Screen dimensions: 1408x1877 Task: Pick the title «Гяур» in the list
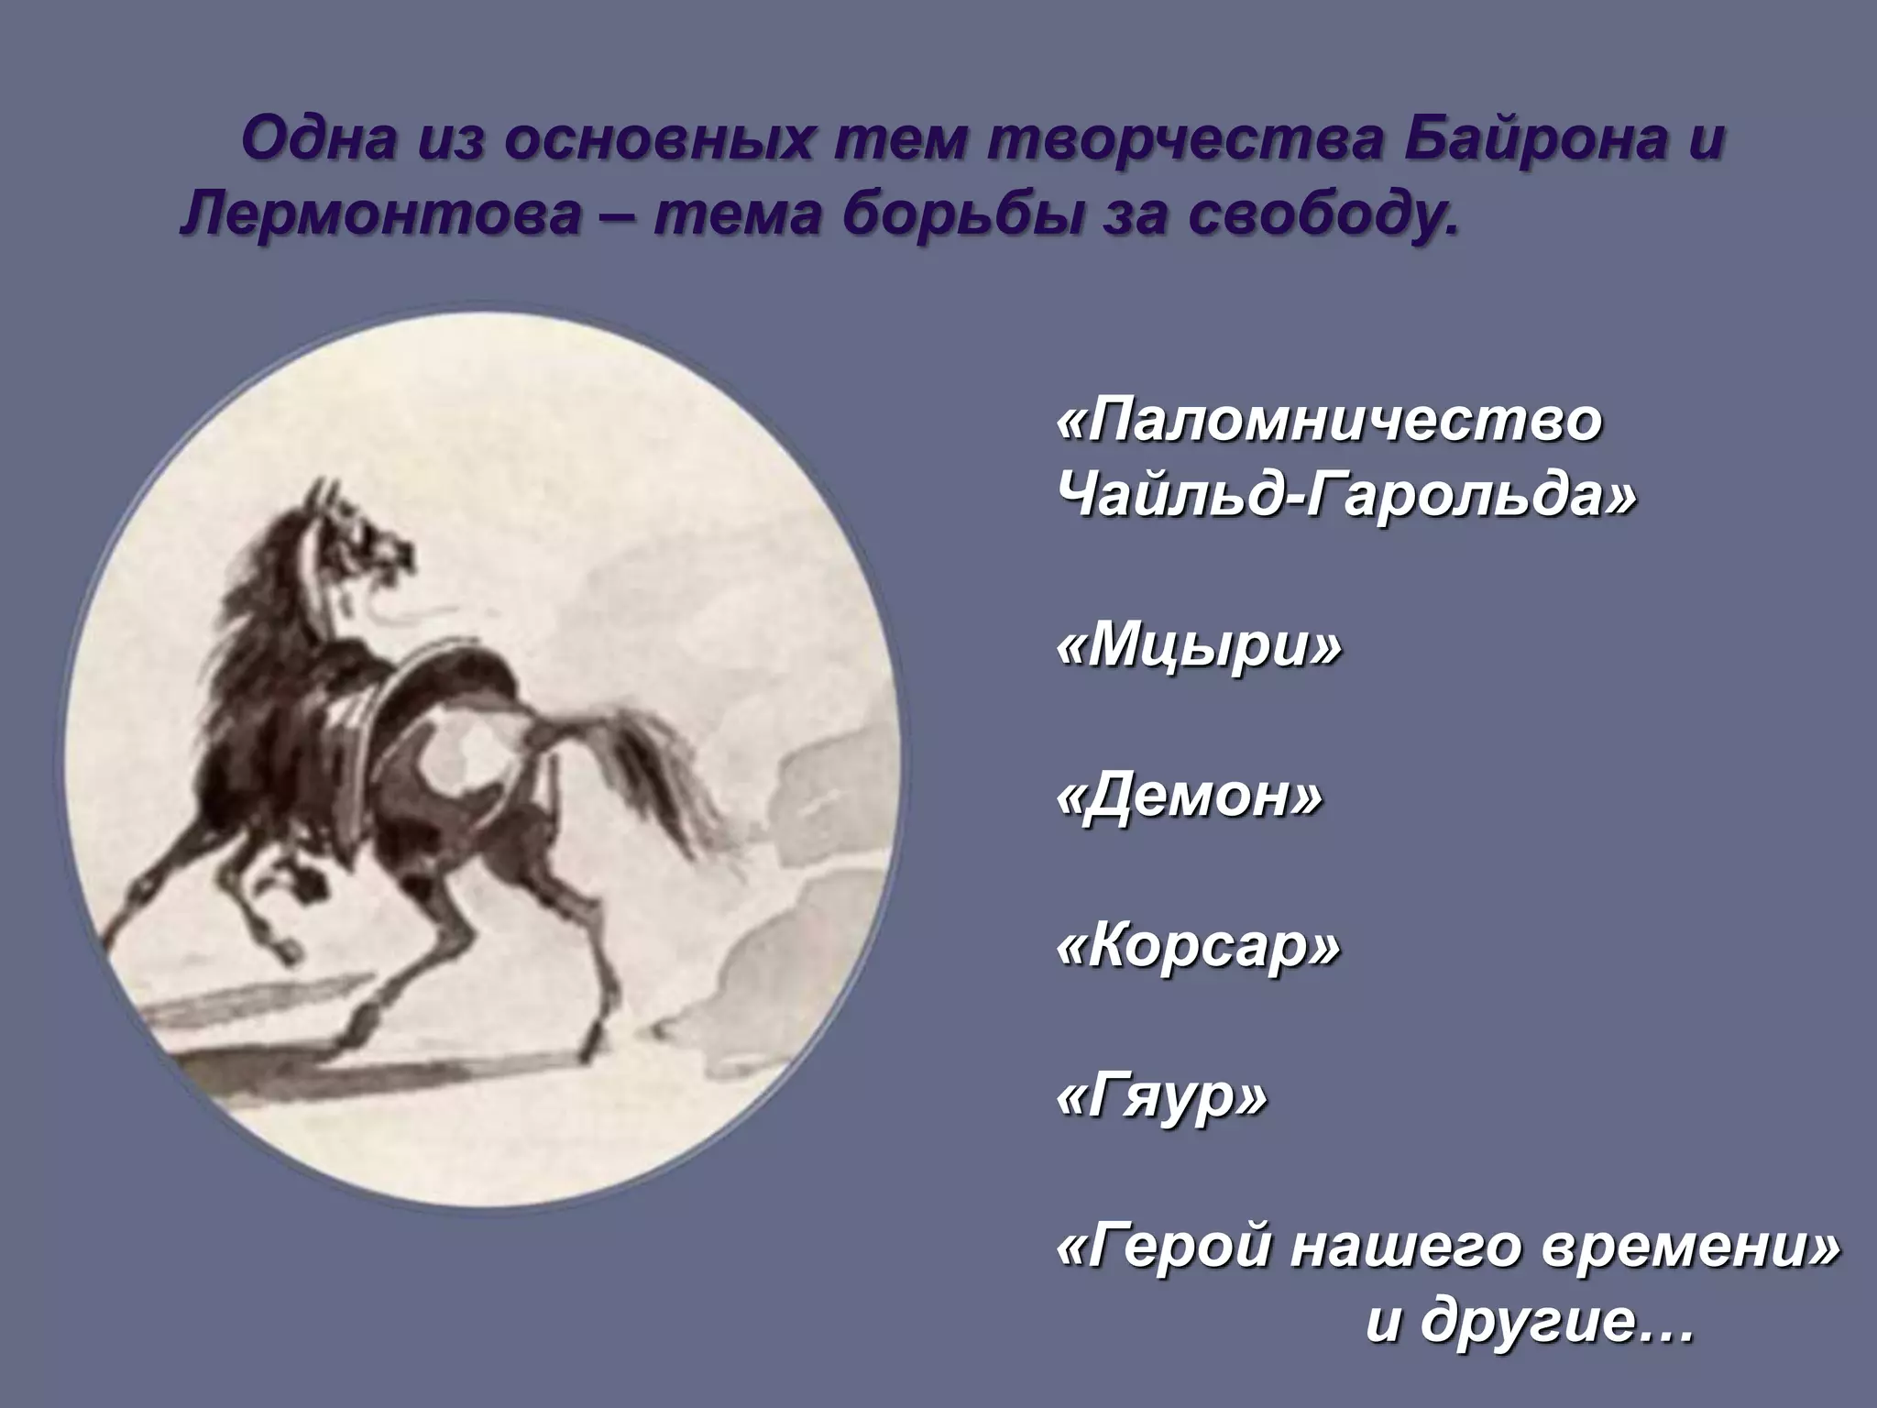pyautogui.click(x=1163, y=1096)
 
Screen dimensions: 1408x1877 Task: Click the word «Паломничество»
pyautogui.click(x=1330, y=421)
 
